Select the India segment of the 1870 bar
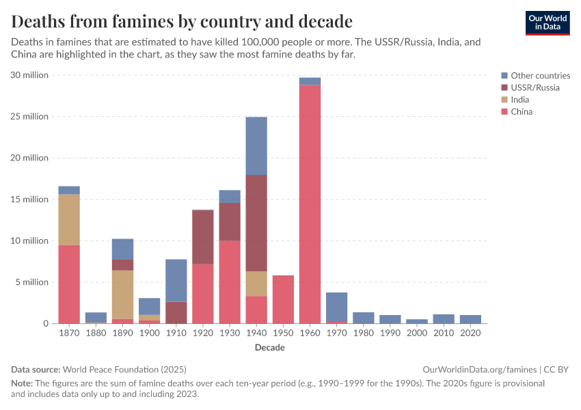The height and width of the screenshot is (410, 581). [x=69, y=219]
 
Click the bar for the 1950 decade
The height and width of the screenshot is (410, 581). [x=283, y=299]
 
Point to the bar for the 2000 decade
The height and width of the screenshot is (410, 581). [x=417, y=321]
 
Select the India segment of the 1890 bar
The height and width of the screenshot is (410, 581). [x=122, y=295]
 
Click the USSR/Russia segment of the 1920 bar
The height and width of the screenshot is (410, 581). [x=203, y=236]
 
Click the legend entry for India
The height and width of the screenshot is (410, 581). [x=519, y=100]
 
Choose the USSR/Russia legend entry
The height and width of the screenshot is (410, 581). [x=535, y=87]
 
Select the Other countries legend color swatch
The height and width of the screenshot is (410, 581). [x=504, y=76]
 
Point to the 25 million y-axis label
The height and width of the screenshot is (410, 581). [x=29, y=117]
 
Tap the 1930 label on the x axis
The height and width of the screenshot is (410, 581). [x=229, y=333]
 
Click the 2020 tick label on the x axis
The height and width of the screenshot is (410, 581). [x=470, y=333]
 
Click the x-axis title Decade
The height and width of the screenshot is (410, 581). [x=269, y=347]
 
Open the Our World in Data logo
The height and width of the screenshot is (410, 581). [x=547, y=23]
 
